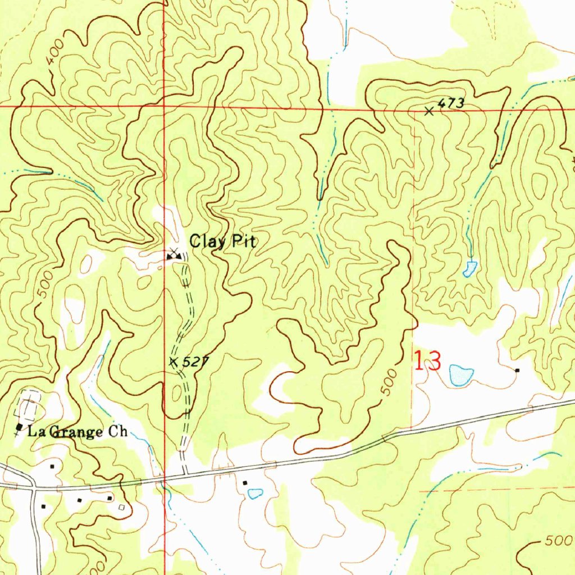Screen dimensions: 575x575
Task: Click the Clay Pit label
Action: click(x=223, y=242)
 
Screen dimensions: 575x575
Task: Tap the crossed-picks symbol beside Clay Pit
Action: click(x=174, y=254)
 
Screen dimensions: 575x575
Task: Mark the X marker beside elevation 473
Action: click(x=429, y=111)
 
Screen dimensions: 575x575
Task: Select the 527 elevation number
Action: click(x=191, y=363)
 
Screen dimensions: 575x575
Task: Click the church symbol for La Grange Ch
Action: click(x=20, y=428)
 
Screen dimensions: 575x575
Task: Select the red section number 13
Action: click(x=427, y=362)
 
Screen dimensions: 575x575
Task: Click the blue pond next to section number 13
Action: click(x=461, y=375)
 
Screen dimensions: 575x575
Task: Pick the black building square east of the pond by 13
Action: click(x=517, y=370)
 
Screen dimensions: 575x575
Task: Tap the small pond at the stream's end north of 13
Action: click(x=469, y=269)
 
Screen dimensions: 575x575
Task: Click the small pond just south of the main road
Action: click(x=255, y=494)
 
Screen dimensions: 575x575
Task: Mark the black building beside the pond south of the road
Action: click(x=245, y=482)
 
